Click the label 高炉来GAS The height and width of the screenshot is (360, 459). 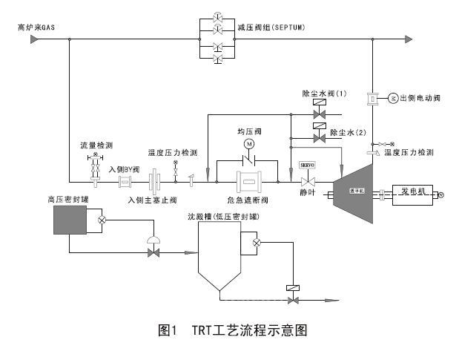[36, 27]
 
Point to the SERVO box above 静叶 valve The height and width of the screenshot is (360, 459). [308, 165]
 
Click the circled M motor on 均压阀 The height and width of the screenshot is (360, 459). [250, 143]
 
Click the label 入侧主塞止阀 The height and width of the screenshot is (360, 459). [151, 200]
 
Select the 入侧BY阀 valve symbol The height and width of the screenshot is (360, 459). [125, 181]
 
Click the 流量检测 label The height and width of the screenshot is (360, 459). [95, 145]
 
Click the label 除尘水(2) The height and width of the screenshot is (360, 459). [349, 132]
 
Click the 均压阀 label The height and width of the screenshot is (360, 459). [250, 131]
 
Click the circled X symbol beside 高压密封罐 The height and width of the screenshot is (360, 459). [102, 220]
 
